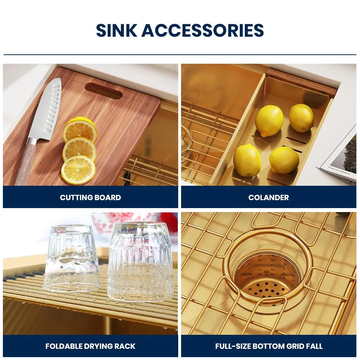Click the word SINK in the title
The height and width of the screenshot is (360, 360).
coord(116,30)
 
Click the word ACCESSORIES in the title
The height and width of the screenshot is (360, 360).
coord(203,30)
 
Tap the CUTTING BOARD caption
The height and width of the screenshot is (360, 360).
coord(90,197)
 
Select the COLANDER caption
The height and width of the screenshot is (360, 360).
coord(269,197)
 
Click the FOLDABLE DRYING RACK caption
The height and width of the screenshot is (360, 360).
coord(90,346)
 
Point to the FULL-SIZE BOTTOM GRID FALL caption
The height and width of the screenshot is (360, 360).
coord(269,346)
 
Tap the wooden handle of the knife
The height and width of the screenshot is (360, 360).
coord(26,162)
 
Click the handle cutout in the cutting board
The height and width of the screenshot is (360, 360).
coord(104,91)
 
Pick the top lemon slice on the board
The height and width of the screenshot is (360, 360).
coord(80,130)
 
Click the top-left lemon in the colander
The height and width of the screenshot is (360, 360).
coord(269,121)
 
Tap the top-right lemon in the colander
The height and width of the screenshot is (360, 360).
coord(301,118)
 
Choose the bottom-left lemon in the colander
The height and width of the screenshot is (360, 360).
coord(247,160)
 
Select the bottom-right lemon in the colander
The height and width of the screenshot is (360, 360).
coord(284,160)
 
